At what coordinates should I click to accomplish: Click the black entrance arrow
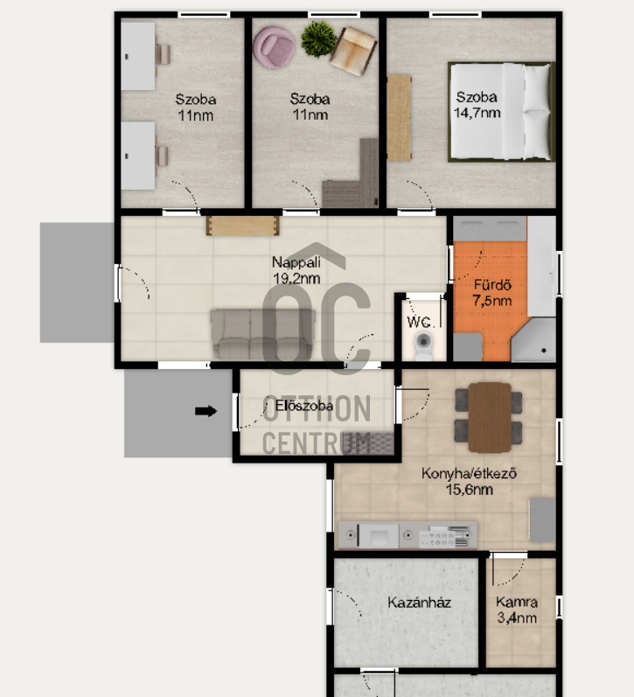point(206,411)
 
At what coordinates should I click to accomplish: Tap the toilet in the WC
point(424,344)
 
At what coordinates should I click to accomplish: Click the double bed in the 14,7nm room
point(501,111)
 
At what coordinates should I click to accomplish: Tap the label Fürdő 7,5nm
point(492,293)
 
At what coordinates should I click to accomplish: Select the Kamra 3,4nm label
point(516,610)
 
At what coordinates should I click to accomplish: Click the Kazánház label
point(419,603)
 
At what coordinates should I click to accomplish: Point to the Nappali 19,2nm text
point(296,270)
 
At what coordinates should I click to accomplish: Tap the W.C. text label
point(418,321)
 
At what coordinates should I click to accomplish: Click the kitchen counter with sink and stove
point(408,533)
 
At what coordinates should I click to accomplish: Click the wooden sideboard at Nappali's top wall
point(242,226)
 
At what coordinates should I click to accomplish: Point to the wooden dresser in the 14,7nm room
point(400,118)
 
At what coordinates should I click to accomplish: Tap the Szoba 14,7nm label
point(477,105)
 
